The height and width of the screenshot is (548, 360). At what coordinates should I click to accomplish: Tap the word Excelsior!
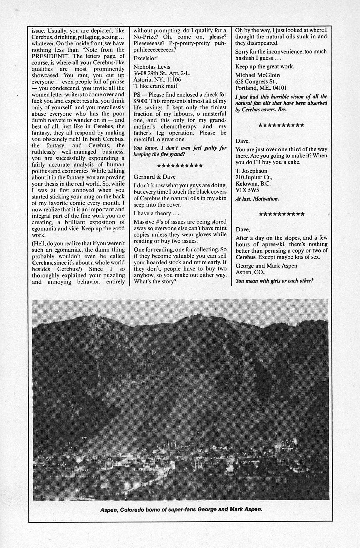coord(145,58)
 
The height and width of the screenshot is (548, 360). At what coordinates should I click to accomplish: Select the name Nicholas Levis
coord(151,67)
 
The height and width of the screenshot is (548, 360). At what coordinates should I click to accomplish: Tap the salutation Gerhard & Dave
coord(154,177)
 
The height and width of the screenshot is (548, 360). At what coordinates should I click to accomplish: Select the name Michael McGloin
coord(257,75)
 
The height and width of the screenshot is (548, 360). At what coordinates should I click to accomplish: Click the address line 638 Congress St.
coord(256,82)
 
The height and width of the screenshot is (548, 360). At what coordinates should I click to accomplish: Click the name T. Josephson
coord(251,171)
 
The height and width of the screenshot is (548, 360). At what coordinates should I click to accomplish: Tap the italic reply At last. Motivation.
coord(257,199)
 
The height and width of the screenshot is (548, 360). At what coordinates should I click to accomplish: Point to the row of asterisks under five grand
coord(180,165)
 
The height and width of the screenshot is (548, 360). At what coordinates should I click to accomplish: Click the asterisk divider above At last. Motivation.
coord(281,125)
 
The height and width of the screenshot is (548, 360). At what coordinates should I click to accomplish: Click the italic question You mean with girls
coord(274,281)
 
